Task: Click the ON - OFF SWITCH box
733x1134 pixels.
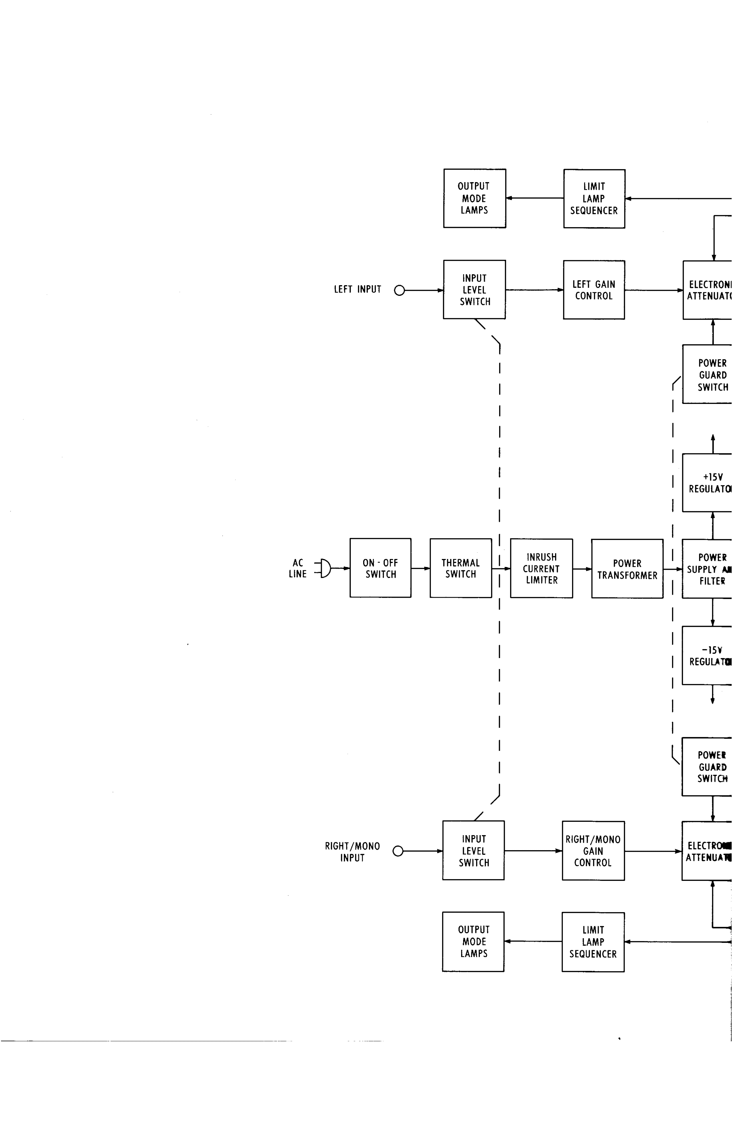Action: tap(380, 568)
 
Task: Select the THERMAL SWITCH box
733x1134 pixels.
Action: tap(460, 568)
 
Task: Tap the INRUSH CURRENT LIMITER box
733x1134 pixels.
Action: tap(541, 568)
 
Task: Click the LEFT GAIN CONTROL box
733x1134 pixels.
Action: tap(593, 290)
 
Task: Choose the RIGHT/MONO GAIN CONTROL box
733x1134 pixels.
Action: tap(593, 851)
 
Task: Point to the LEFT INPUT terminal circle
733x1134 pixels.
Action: tap(400, 290)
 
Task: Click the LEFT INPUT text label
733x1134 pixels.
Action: tap(358, 289)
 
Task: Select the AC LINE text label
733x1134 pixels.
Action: tap(298, 568)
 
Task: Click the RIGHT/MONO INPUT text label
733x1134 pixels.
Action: tap(352, 852)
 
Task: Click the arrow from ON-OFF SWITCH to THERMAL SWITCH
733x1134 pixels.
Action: tap(420, 568)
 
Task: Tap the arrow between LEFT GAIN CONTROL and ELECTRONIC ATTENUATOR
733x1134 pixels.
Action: tap(653, 290)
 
